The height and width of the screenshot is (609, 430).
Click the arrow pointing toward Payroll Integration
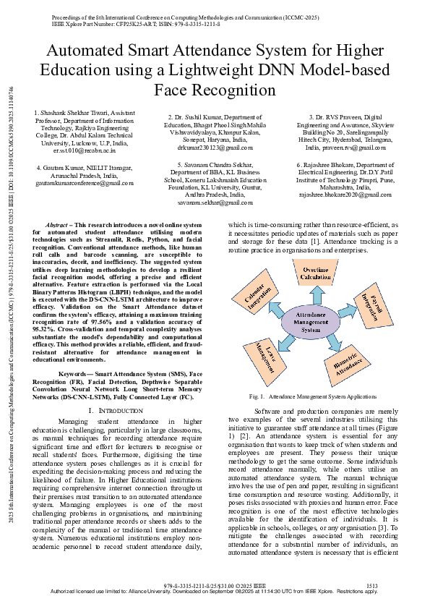[x=346, y=310]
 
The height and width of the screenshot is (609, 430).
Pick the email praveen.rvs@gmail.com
[x=335, y=147]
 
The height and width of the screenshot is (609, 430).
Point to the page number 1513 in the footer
[x=371, y=585]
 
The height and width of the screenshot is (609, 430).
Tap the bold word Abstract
[x=59, y=225]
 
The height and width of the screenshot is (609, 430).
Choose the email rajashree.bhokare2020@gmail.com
[x=335, y=195]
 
